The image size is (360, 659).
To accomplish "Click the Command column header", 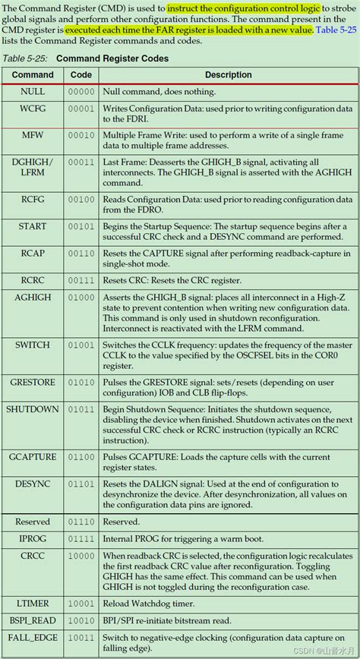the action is pyautogui.click(x=33, y=74).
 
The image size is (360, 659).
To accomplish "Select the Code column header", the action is pyautogui.click(x=81, y=74).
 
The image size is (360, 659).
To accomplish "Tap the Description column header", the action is pyautogui.click(x=228, y=74).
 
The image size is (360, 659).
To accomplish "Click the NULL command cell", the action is pyautogui.click(x=33, y=91).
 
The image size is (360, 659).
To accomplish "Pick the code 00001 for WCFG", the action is pyautogui.click(x=81, y=109).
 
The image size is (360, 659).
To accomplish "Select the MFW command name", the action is pyautogui.click(x=33, y=135).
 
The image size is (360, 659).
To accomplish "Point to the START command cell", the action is pyautogui.click(x=33, y=226).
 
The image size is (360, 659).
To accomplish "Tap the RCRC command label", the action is pyautogui.click(x=33, y=280).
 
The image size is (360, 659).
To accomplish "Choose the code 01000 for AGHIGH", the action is pyautogui.click(x=81, y=298).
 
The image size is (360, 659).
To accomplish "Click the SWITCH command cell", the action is pyautogui.click(x=33, y=345).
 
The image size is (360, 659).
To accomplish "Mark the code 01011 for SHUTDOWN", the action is pyautogui.click(x=81, y=409).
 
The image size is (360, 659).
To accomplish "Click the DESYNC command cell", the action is pyautogui.click(x=33, y=483).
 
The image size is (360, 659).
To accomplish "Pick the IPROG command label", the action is pyautogui.click(x=33, y=538).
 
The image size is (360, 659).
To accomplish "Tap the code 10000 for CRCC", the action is pyautogui.click(x=81, y=556).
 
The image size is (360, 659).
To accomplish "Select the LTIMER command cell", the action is pyautogui.click(x=33, y=603).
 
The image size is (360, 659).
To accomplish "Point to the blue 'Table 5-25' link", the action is pyautogui.click(x=334, y=30).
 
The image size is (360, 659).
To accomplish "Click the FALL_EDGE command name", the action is pyautogui.click(x=33, y=638).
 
